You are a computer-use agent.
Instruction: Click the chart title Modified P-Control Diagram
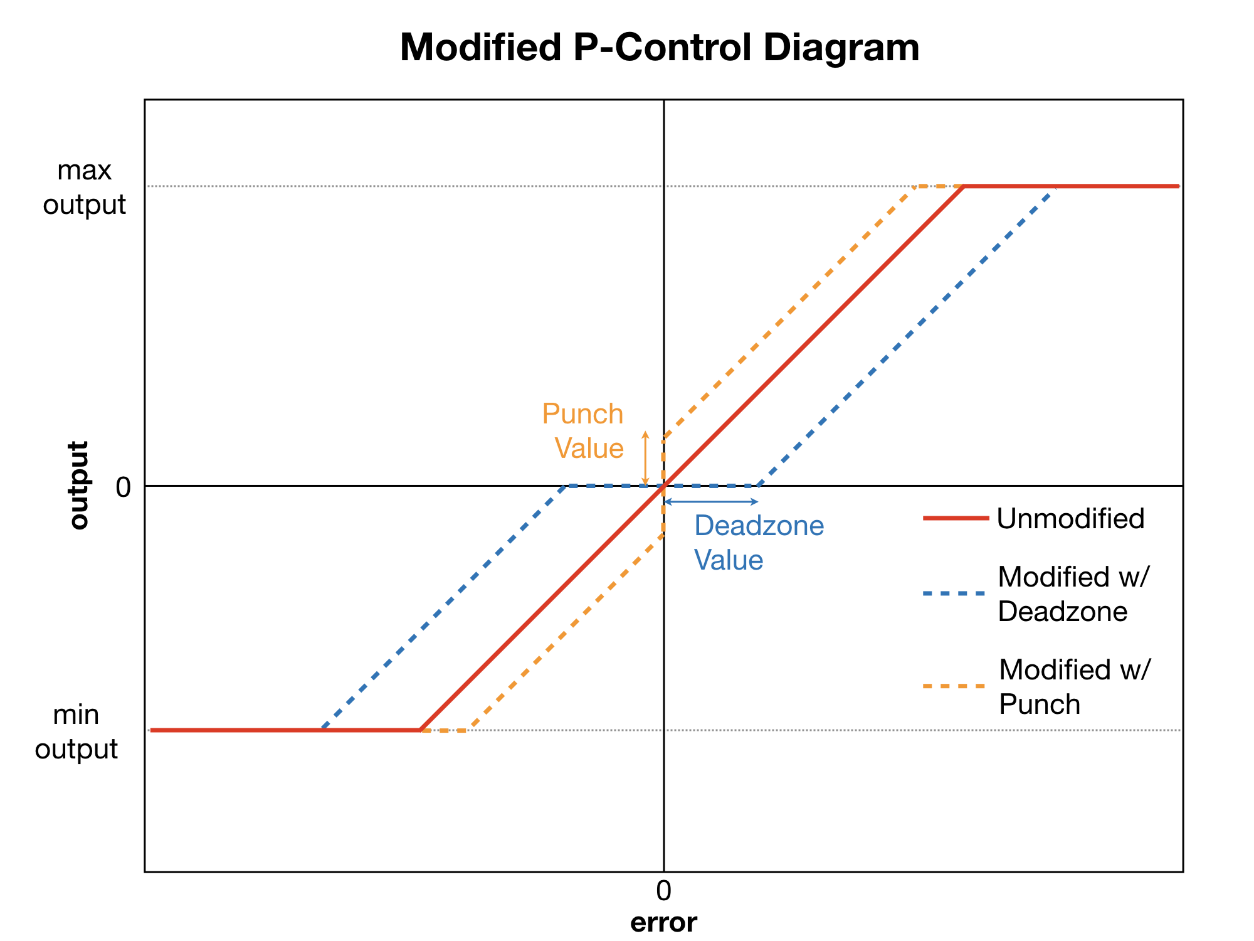(660, 48)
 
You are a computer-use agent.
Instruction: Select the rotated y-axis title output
(79, 485)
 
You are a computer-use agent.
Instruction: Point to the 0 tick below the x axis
(663, 891)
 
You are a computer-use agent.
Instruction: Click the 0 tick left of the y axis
(124, 487)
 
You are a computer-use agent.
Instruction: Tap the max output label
(85, 188)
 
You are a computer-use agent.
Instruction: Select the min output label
(76, 731)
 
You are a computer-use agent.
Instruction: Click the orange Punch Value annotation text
(583, 431)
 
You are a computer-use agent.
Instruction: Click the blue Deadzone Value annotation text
(758, 543)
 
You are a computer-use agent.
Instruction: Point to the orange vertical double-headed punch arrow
(645, 459)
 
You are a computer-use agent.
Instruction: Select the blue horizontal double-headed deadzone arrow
(711, 502)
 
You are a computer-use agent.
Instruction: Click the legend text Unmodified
(1070, 519)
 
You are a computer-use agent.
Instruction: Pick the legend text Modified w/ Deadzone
(1073, 593)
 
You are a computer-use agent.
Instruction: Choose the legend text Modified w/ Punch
(1075, 686)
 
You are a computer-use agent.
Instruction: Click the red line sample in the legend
(955, 518)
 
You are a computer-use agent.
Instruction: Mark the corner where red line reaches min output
(420, 730)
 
